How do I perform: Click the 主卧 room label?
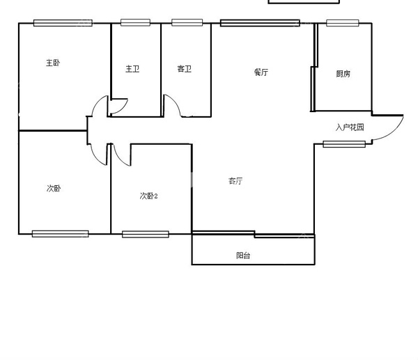pos(53,63)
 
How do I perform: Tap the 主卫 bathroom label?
pos(132,69)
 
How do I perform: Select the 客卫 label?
pos(185,69)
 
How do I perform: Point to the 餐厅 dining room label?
pos(261,72)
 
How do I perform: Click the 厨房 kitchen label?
pos(343,74)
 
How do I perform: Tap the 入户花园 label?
pos(350,127)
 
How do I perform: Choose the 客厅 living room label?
pos(235,181)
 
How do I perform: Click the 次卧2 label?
pos(149,196)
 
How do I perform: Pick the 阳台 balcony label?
pos(243,256)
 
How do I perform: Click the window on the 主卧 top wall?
pos(63,23)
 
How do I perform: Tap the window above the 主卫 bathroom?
pos(135,23)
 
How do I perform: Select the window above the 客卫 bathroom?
pos(187,23)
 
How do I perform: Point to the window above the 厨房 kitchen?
pos(343,23)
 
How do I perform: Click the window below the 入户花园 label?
pos(344,144)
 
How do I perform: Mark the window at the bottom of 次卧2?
pos(146,234)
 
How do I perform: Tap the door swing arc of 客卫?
pos(174,102)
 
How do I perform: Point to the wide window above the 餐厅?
pos(260,23)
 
